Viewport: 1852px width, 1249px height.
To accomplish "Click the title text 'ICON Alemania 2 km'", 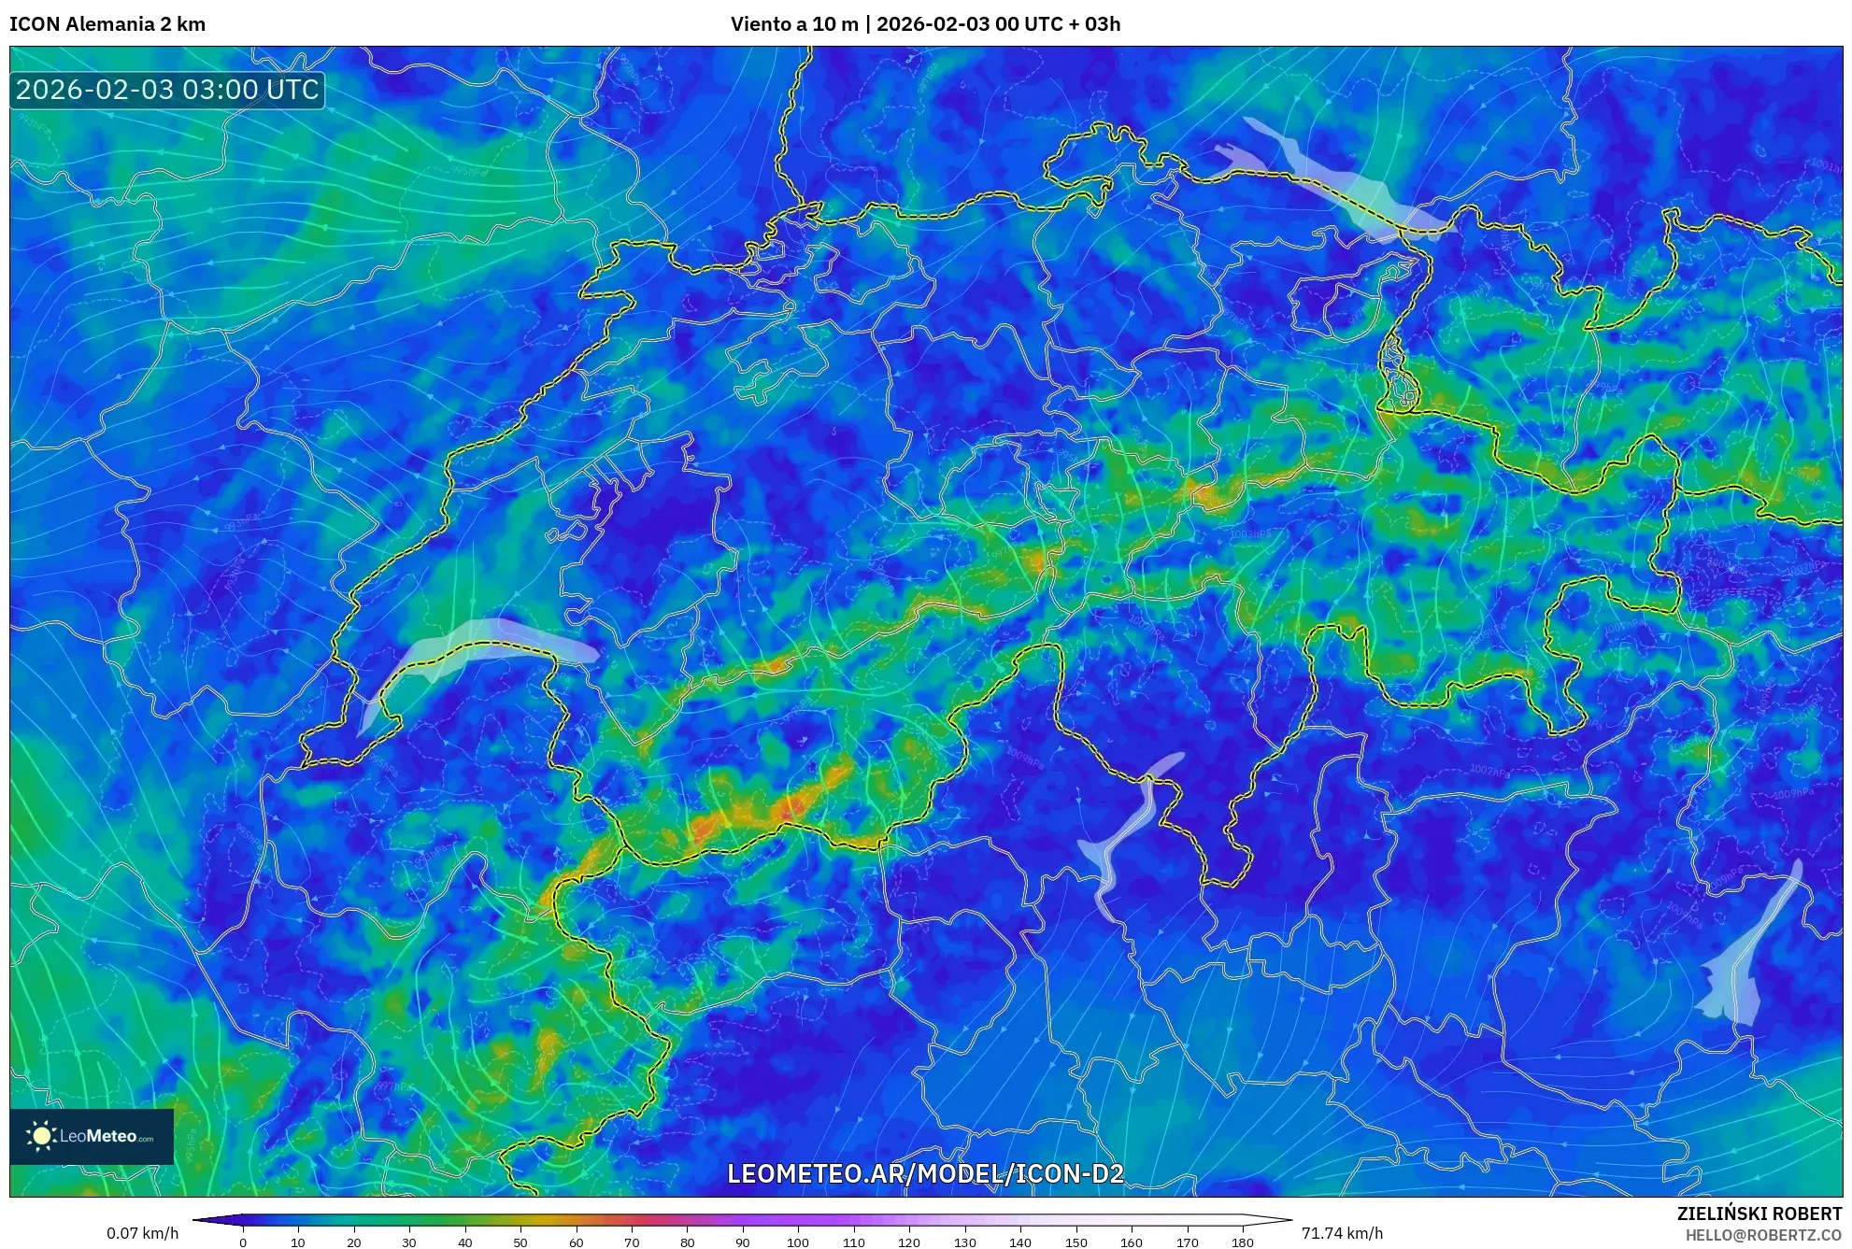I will [x=107, y=24].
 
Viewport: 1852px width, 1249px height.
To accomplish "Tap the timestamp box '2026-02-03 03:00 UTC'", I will [x=167, y=90].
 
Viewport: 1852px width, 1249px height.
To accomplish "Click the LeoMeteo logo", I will [x=92, y=1136].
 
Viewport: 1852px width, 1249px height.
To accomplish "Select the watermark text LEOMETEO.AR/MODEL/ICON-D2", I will [x=925, y=1173].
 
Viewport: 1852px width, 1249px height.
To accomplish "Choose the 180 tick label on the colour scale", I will [x=1242, y=1242].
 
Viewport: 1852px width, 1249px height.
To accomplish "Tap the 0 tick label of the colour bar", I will [x=243, y=1242].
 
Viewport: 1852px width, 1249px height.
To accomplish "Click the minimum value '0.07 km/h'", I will [x=142, y=1233].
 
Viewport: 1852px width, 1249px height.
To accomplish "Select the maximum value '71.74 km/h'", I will [x=1342, y=1233].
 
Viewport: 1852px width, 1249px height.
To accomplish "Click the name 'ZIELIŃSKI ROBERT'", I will [x=1759, y=1214].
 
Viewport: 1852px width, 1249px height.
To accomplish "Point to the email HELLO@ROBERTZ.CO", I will [x=1763, y=1235].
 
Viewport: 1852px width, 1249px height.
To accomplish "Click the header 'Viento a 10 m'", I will [x=794, y=24].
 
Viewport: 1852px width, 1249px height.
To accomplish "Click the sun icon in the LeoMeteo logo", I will [x=41, y=1136].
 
